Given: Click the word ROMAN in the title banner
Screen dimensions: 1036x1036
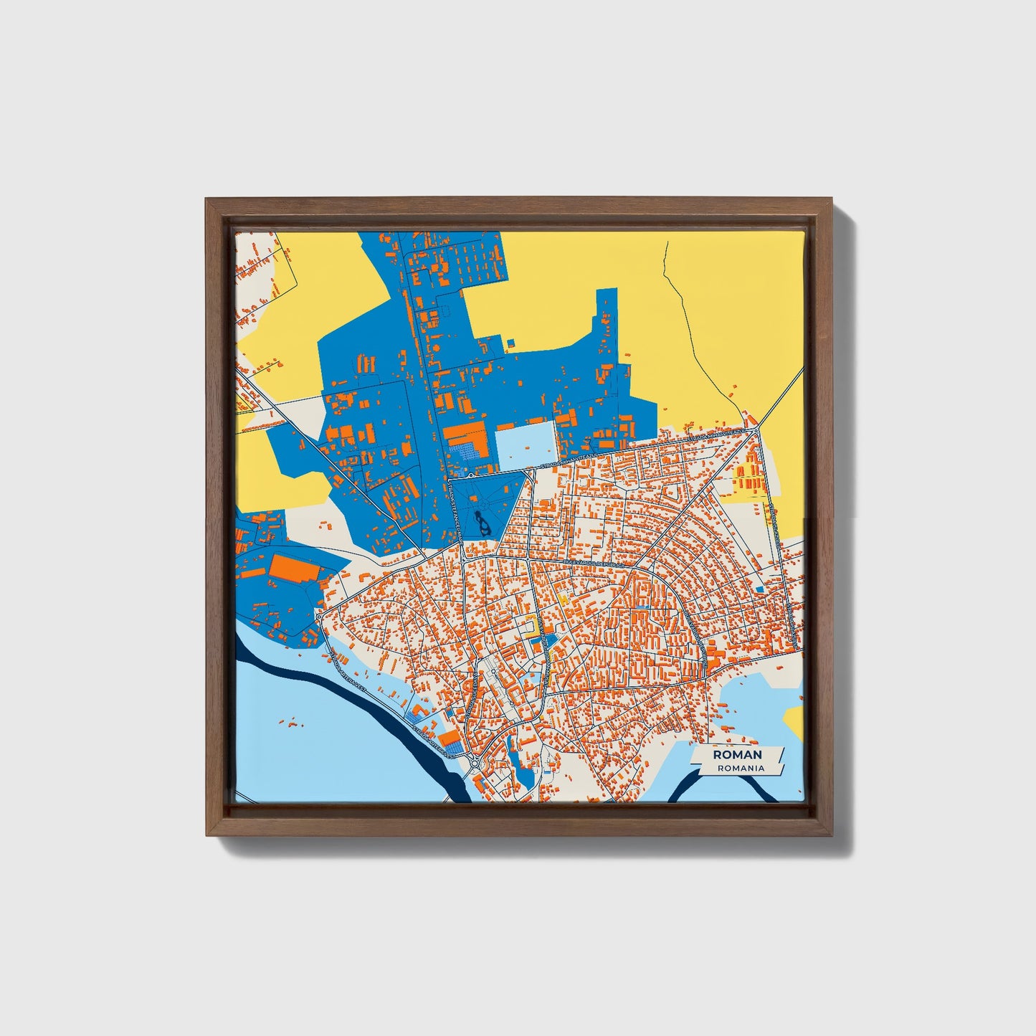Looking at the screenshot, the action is (x=737, y=755).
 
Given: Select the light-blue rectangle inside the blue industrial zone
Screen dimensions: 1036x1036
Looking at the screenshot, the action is (x=526, y=446).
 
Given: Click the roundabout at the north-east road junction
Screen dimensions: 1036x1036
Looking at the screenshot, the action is (x=756, y=430).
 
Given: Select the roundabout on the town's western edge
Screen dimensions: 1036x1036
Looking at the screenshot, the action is (x=318, y=616).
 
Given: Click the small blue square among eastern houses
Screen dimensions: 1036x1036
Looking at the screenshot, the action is (x=759, y=589).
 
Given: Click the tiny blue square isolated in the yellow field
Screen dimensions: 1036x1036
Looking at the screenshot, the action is (x=512, y=342).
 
